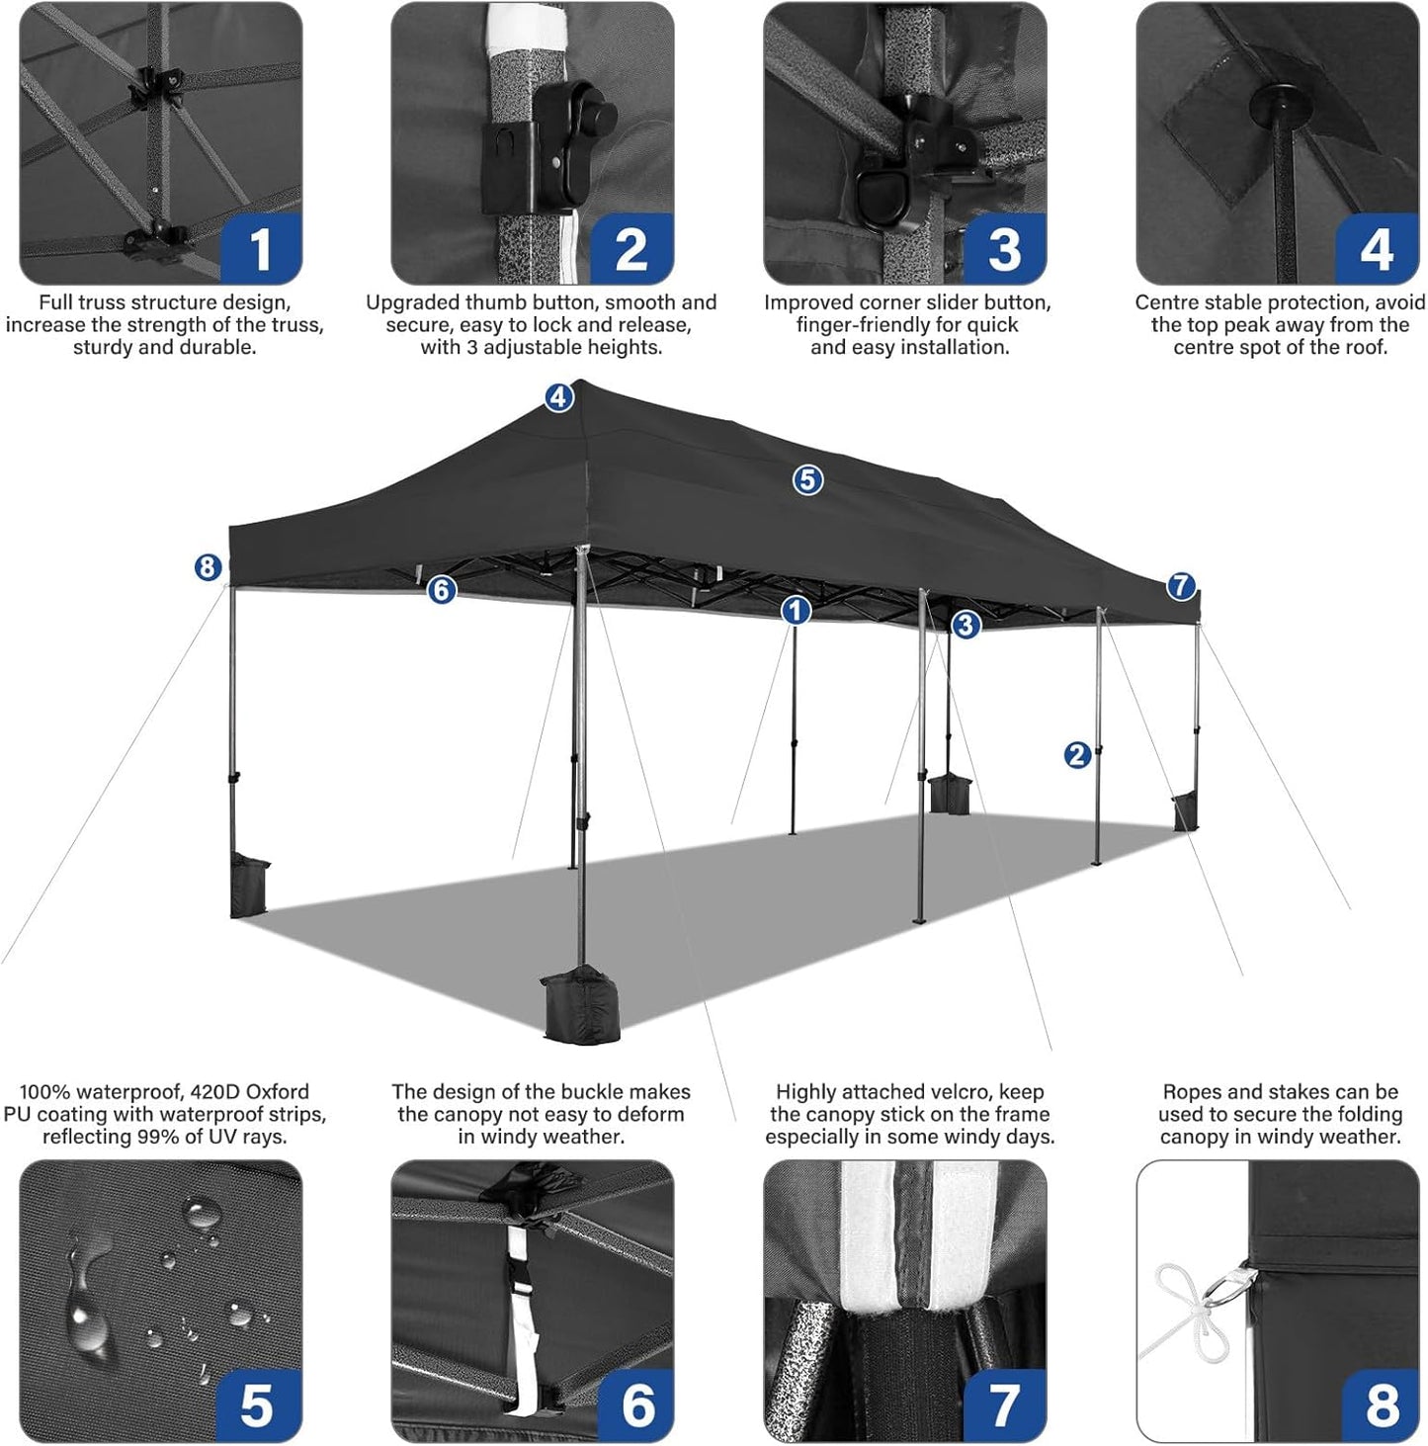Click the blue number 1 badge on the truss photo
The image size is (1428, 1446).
tap(260, 248)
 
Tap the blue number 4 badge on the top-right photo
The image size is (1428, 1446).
tap(1377, 248)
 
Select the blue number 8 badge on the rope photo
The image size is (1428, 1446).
tap(1382, 1404)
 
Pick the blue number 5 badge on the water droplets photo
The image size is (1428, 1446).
tap(257, 1404)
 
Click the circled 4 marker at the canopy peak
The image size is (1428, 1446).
tap(558, 397)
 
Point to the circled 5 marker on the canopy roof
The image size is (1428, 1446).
tap(807, 480)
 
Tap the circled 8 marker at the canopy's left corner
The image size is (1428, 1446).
tap(207, 567)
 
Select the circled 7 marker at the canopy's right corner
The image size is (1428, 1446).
tap(1181, 586)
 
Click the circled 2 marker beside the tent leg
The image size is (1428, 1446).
tap(1077, 755)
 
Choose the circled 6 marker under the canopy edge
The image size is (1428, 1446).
tap(441, 590)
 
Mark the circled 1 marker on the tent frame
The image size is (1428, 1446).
tap(796, 611)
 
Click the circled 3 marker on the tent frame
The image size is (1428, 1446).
tap(966, 625)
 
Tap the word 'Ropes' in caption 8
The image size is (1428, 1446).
tap(1193, 1091)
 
